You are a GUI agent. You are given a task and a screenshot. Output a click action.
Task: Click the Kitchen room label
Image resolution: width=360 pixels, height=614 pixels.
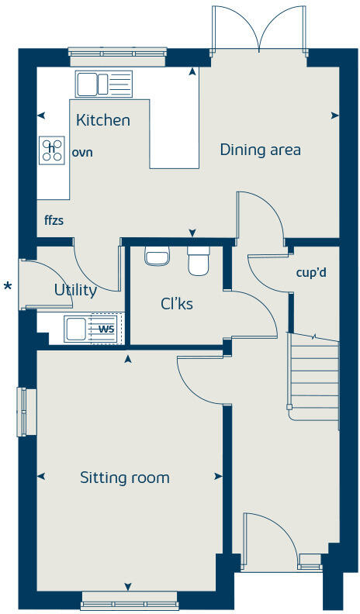pyautogui.click(x=102, y=120)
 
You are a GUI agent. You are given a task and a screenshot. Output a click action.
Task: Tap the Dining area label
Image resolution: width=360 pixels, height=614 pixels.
pyautogui.click(x=260, y=150)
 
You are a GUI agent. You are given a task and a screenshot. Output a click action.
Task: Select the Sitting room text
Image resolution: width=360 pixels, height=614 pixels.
pyautogui.click(x=124, y=478)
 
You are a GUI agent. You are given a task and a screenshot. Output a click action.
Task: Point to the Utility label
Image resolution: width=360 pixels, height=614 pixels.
pyautogui.click(x=75, y=291)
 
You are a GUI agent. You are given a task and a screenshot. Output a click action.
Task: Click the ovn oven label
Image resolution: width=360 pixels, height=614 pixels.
pyautogui.click(x=82, y=152)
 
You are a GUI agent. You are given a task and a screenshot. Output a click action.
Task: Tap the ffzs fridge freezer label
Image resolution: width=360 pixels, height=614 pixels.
pyautogui.click(x=54, y=220)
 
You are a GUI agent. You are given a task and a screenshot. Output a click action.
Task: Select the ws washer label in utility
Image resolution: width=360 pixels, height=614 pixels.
pyautogui.click(x=105, y=328)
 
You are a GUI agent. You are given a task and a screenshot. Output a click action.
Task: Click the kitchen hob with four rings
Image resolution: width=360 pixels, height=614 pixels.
pyautogui.click(x=52, y=150)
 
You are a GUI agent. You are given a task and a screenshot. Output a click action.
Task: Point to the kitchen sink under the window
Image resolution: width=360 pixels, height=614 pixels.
pyautogui.click(x=104, y=83)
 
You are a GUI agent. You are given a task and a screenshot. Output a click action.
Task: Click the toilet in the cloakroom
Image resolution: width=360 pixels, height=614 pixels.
pyautogui.click(x=199, y=261)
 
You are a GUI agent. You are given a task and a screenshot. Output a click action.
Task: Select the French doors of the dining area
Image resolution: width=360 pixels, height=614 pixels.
pyautogui.click(x=260, y=31)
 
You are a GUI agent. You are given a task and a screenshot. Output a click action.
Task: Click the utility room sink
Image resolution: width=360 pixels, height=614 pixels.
pyautogui.click(x=77, y=329)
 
